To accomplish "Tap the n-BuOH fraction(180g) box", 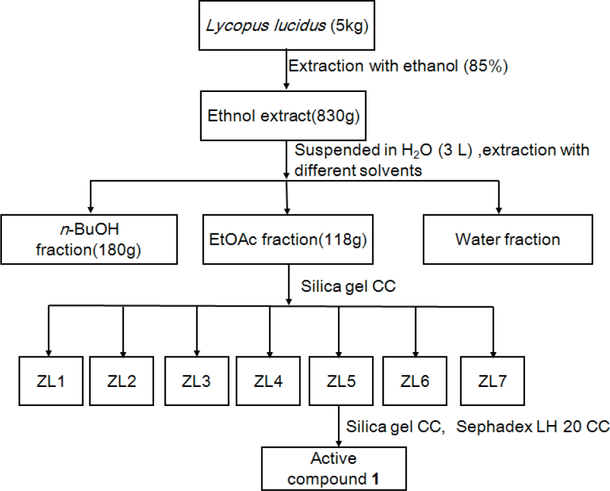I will pyautogui.click(x=88, y=239).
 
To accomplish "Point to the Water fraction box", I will pyautogui.click(x=507, y=239).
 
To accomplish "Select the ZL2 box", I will pyautogui.click(x=122, y=381).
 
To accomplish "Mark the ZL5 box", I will pyautogui.click(x=341, y=381).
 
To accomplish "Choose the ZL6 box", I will pyautogui.click(x=415, y=381).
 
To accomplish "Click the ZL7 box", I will pyautogui.click(x=492, y=381).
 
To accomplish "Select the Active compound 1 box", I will pyautogui.click(x=334, y=468).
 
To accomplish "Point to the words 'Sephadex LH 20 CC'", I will pyautogui.click(x=530, y=427).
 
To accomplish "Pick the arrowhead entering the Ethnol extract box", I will pyautogui.click(x=285, y=86).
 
